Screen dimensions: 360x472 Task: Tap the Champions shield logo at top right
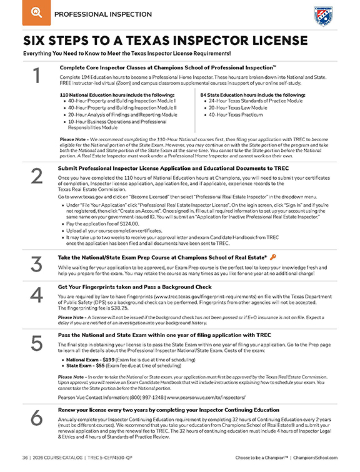click(x=322, y=14)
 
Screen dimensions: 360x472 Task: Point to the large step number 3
click(x=37, y=265)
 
